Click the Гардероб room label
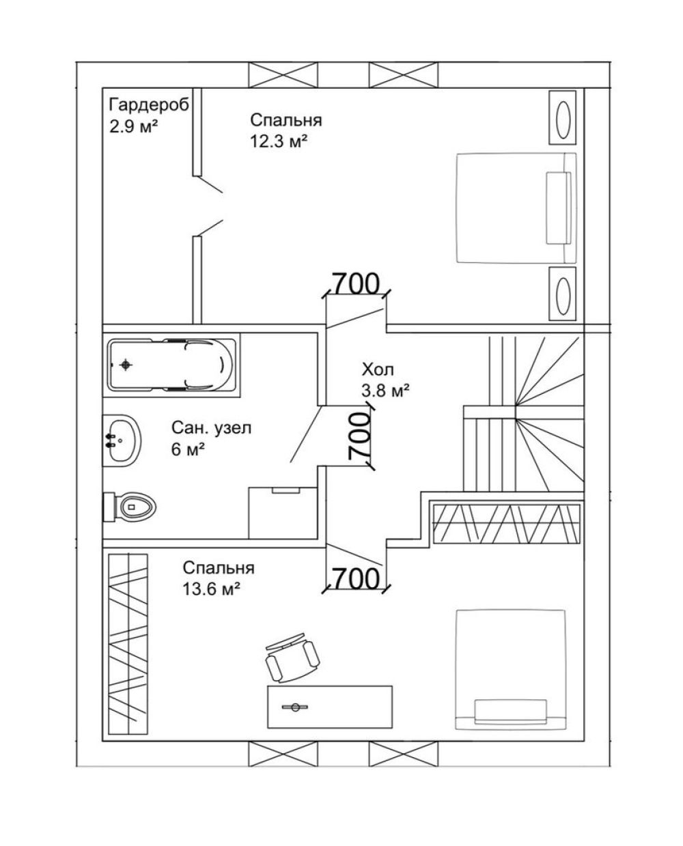pos(149,105)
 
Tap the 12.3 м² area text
pos(279,141)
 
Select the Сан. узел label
pos(211,427)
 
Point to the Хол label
pos(378,370)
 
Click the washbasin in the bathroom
pos(122,440)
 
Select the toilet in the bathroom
pos(130,507)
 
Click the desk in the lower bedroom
pos(329,707)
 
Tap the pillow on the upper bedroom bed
pos(558,208)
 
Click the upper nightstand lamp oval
pos(563,118)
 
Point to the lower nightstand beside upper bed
pos(562,293)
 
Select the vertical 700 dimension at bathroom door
pos(359,436)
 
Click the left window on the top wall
pos(283,74)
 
